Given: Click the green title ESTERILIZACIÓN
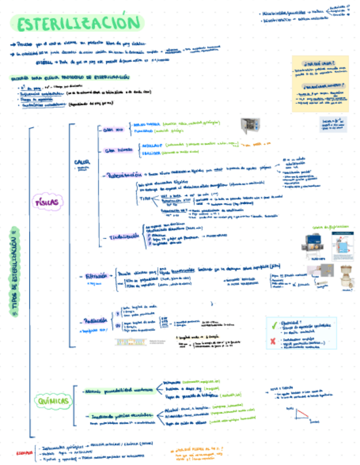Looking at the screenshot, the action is tap(76, 24).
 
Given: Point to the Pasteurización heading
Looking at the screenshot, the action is tap(127, 175).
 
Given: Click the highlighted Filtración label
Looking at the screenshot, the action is tap(96, 276).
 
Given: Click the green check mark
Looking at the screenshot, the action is tap(274, 325).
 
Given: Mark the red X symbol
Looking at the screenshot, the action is tap(273, 342).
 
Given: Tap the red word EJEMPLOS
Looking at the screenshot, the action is tap(24, 453).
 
